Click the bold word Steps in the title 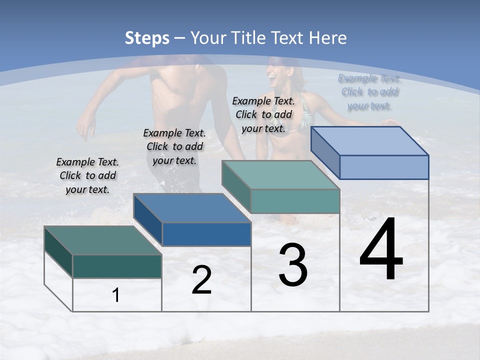147,38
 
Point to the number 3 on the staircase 293,265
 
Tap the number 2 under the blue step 201,280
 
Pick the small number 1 116,295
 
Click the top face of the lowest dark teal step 102,240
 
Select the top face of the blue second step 192,208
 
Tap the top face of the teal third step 280,175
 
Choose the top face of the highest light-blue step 369,141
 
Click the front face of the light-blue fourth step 384,167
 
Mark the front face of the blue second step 206,234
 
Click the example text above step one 87,175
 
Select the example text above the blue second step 174,146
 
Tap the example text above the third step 263,114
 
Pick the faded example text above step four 369,92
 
